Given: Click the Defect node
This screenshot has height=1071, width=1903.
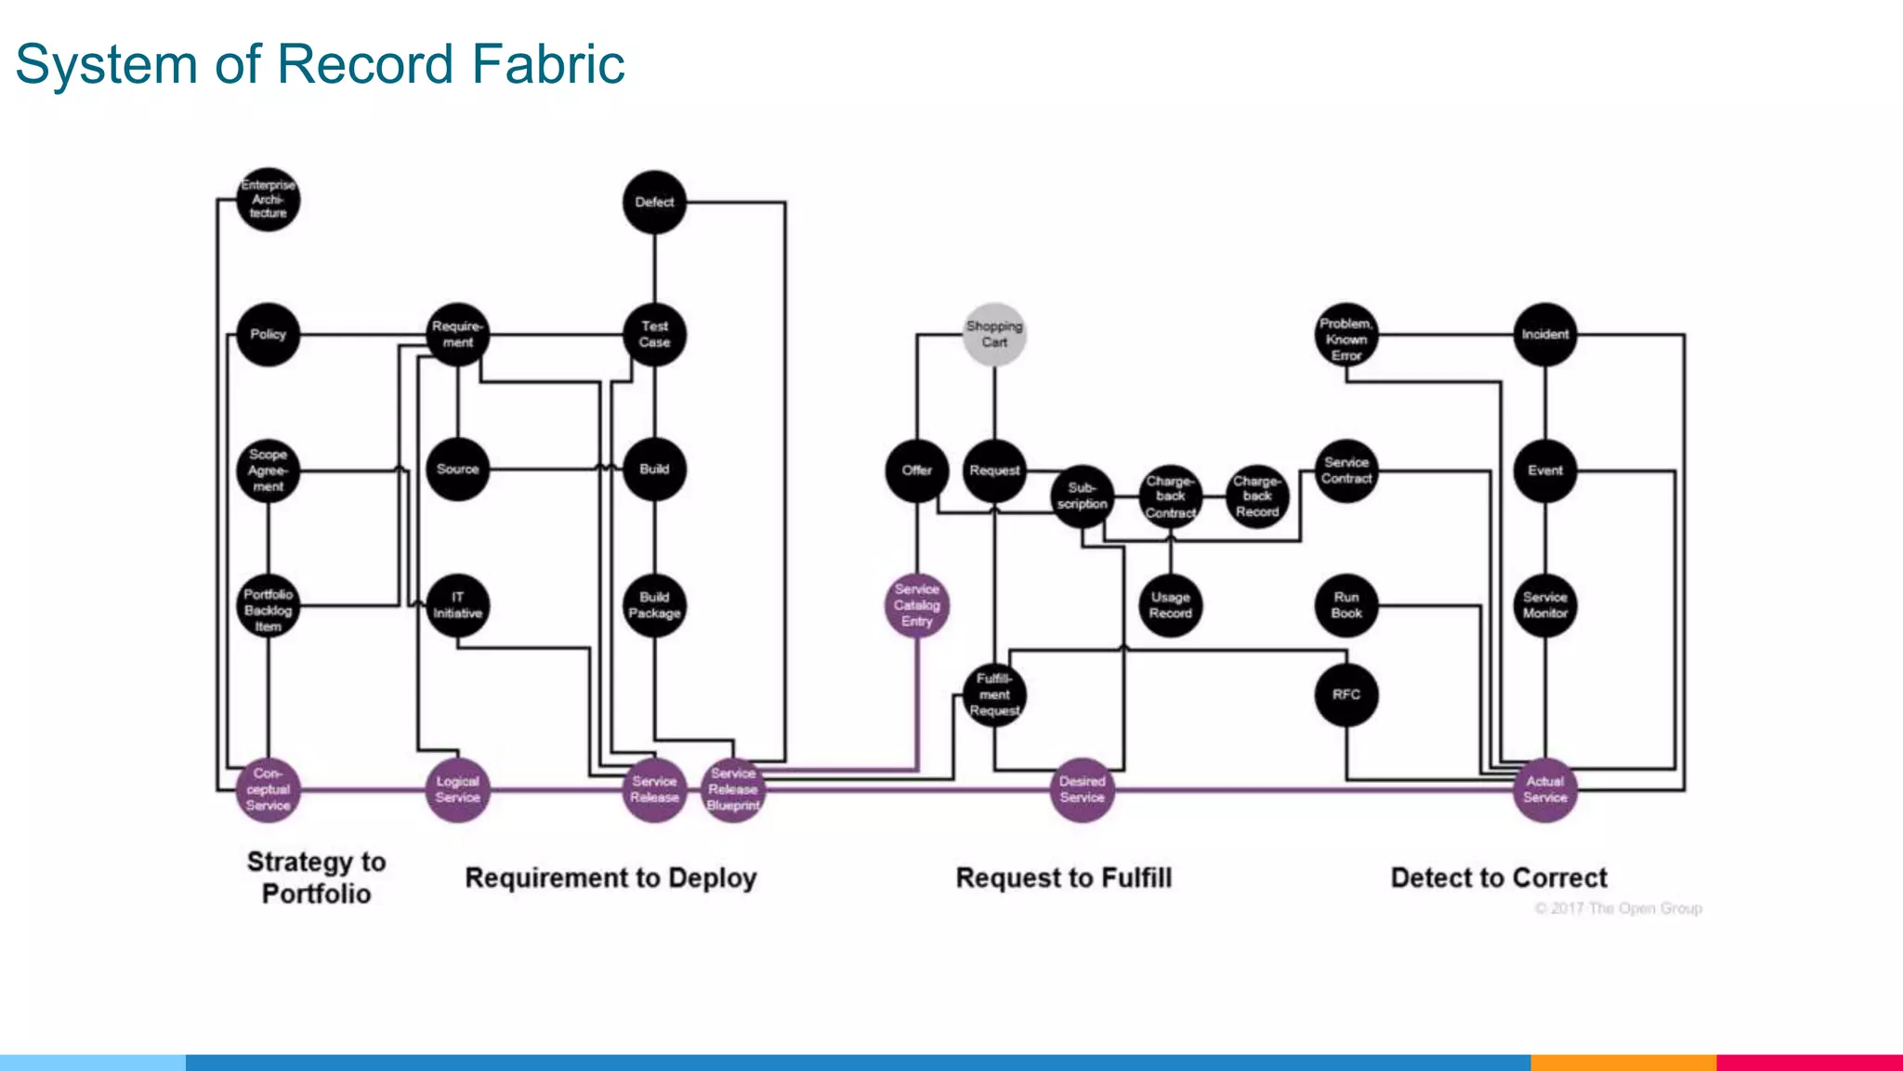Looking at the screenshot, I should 654,202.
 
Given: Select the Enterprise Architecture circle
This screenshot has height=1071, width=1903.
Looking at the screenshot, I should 268,200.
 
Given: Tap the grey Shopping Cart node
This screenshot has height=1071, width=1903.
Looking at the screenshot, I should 994,334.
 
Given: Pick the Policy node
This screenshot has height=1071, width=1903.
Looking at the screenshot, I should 268,334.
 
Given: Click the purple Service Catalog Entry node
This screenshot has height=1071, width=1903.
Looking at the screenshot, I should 917,605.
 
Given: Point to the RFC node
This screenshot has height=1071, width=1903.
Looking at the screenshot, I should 1346,694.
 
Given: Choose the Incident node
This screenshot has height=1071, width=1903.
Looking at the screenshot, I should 1544,334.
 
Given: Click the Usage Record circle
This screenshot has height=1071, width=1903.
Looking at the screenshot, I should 1170,605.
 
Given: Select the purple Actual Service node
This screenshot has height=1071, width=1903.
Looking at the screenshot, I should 1544,789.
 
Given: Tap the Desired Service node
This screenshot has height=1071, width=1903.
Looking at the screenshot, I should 1082,789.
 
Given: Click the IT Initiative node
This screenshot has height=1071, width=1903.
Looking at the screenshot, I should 457,605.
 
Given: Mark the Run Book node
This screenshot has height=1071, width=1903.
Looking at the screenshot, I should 1346,605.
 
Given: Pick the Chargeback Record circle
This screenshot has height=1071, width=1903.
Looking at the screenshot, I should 1257,496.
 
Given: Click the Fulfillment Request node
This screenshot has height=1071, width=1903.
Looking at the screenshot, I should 994,694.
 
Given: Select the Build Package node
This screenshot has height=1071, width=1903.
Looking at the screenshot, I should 654,605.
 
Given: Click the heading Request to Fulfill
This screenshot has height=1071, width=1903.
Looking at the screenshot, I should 1063,878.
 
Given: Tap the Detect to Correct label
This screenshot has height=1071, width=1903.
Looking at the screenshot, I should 1498,878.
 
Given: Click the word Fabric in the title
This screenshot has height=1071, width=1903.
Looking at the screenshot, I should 547,64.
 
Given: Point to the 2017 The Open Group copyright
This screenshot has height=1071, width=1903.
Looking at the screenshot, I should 1618,908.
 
